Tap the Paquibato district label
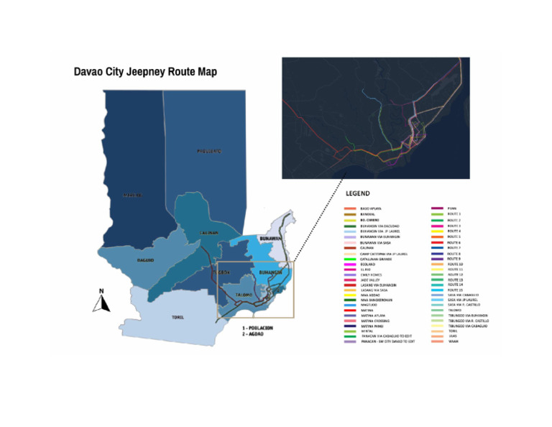209,151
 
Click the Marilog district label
130,195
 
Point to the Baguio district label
146,260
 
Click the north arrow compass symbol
101,301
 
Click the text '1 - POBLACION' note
259,327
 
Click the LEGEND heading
358,193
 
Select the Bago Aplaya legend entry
371,208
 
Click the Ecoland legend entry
368,264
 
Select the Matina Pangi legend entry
372,326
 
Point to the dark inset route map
375,118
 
